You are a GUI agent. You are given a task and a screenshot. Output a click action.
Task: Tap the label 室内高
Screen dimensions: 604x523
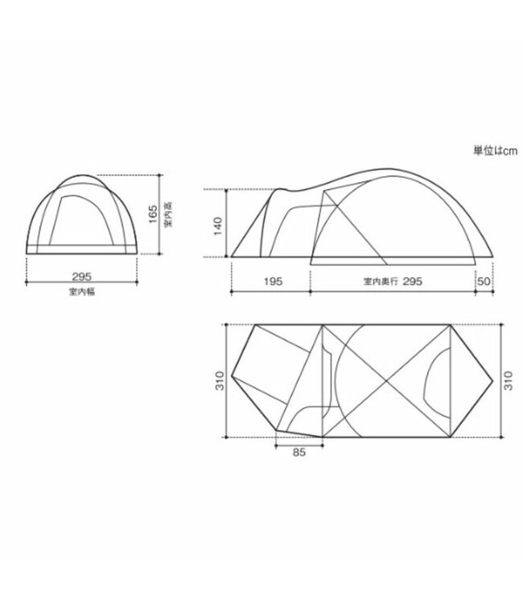point(167,213)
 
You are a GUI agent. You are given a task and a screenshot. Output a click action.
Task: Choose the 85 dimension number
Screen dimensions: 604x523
point(299,452)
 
